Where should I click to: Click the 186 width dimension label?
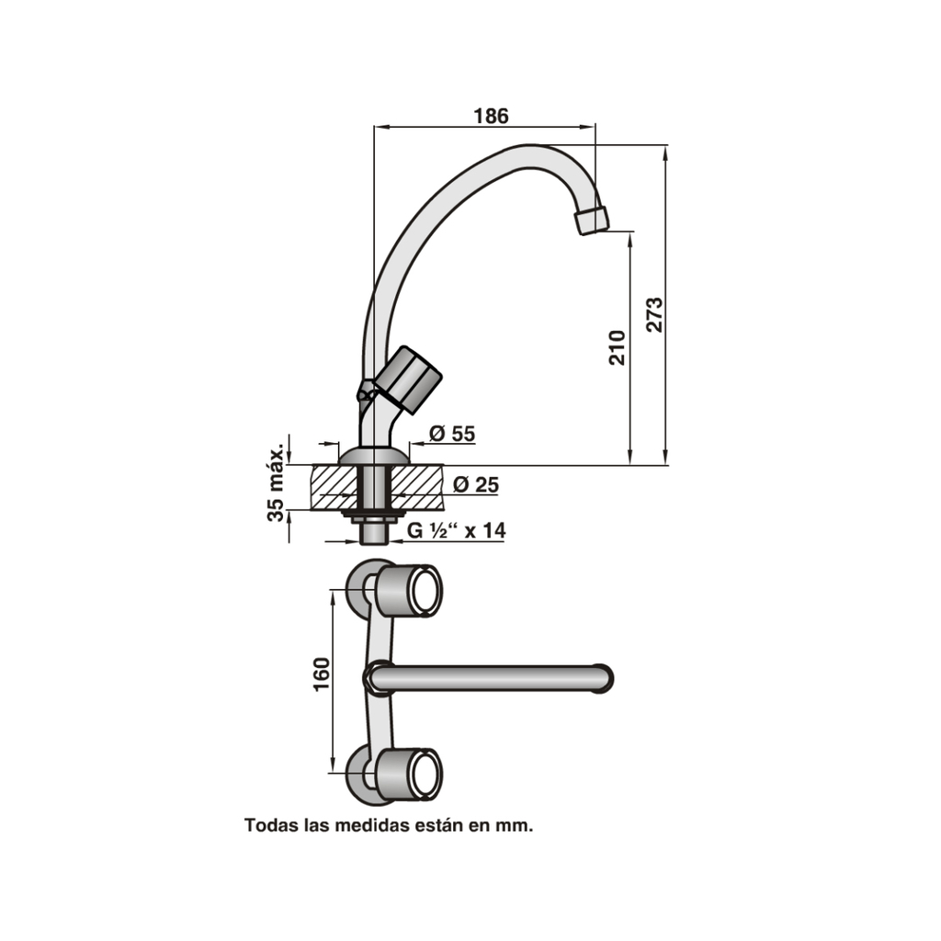tap(491, 116)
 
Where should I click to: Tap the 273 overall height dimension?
tap(654, 314)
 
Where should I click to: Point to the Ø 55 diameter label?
tap(452, 434)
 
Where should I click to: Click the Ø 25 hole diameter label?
tap(475, 484)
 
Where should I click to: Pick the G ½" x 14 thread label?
tap(456, 530)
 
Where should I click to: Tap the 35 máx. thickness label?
tap(276, 483)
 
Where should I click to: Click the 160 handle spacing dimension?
tap(323, 675)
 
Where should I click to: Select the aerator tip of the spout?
tap(591, 221)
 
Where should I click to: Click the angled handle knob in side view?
tap(408, 380)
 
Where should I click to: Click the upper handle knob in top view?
tap(409, 591)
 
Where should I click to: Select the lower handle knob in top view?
tap(409, 775)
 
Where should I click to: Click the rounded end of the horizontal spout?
tap(603, 679)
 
